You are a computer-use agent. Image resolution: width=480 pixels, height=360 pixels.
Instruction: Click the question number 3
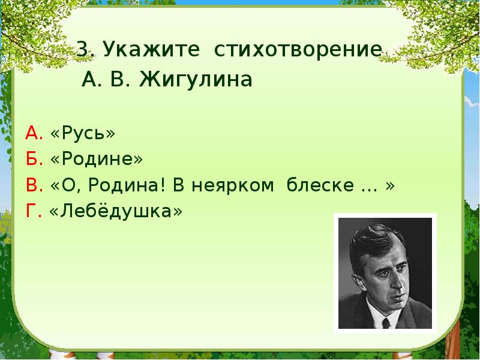[83, 50]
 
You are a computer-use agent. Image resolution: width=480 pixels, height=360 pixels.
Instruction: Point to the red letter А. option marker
[34, 133]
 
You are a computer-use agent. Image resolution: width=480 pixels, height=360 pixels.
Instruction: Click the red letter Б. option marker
[34, 159]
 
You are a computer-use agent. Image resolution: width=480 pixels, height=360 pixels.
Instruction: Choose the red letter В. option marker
[34, 185]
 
